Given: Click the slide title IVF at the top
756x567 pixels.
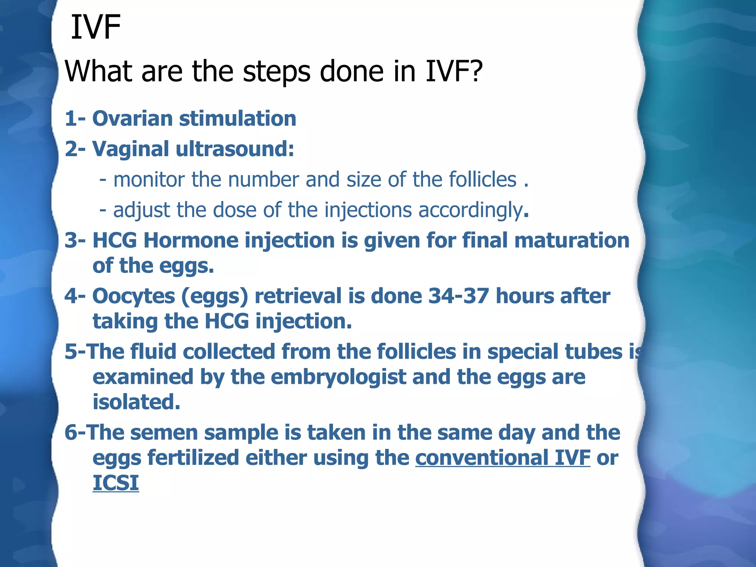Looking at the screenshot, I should tap(96, 27).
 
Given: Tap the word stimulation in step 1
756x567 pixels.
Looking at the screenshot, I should tap(238, 118).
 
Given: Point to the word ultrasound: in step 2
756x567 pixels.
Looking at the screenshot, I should tap(235, 149).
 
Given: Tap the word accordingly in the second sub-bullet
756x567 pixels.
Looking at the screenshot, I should tap(470, 210).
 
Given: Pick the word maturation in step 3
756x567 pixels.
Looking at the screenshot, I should tap(572, 240).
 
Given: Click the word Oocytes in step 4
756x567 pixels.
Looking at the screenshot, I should tap(133, 296).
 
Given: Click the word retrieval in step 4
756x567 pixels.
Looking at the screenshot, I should tap(298, 296).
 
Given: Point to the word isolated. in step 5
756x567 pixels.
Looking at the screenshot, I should tap(136, 402).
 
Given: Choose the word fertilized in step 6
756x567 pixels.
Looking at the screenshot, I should tap(193, 458).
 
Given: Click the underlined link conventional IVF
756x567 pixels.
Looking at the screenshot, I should tap(503, 458).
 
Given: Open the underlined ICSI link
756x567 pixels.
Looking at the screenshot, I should tap(116, 483).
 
